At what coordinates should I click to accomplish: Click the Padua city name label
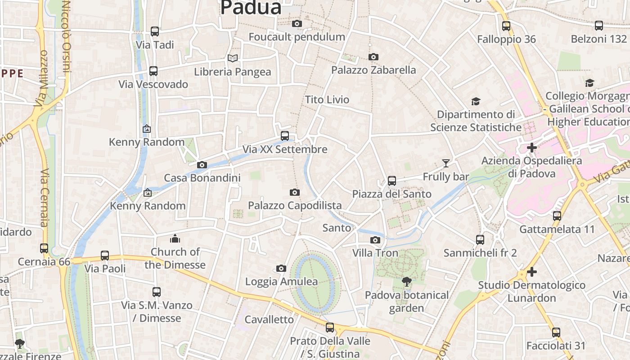tap(251, 7)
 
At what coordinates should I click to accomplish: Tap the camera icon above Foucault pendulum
tap(297, 23)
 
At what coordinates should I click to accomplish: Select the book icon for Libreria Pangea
tap(232, 58)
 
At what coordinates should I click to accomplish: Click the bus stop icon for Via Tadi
tap(155, 31)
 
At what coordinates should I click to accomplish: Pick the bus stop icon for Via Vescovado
tap(153, 71)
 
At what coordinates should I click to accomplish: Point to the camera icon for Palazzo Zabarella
tap(373, 57)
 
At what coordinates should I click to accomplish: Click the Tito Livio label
tap(327, 99)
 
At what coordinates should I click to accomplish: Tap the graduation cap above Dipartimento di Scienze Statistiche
tap(476, 101)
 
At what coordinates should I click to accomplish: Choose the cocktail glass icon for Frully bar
tap(446, 163)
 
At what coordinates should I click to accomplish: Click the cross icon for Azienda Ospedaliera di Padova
tap(532, 147)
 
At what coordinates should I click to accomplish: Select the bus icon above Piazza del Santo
tap(392, 181)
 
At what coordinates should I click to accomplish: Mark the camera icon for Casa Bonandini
tap(202, 165)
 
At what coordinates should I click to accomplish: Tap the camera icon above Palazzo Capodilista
tap(295, 193)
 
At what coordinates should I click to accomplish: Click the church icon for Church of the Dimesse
tap(175, 238)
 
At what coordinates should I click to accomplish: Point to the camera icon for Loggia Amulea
tap(281, 269)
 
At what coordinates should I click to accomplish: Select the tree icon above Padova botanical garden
tap(407, 282)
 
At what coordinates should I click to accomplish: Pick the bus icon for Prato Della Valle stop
tap(330, 328)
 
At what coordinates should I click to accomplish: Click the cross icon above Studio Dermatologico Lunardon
tap(532, 272)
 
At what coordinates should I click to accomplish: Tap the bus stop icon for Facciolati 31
tap(556, 333)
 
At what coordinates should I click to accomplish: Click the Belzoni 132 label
tap(598, 39)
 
